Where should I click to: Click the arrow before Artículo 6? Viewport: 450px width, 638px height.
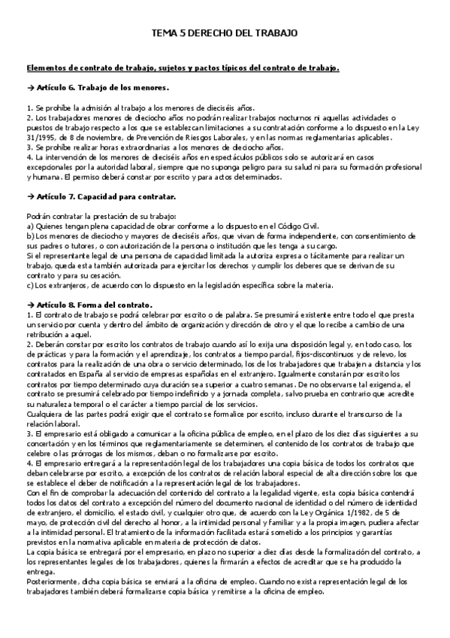pyautogui.click(x=30, y=88)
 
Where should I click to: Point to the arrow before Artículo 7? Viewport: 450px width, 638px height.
pyautogui.click(x=30, y=196)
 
